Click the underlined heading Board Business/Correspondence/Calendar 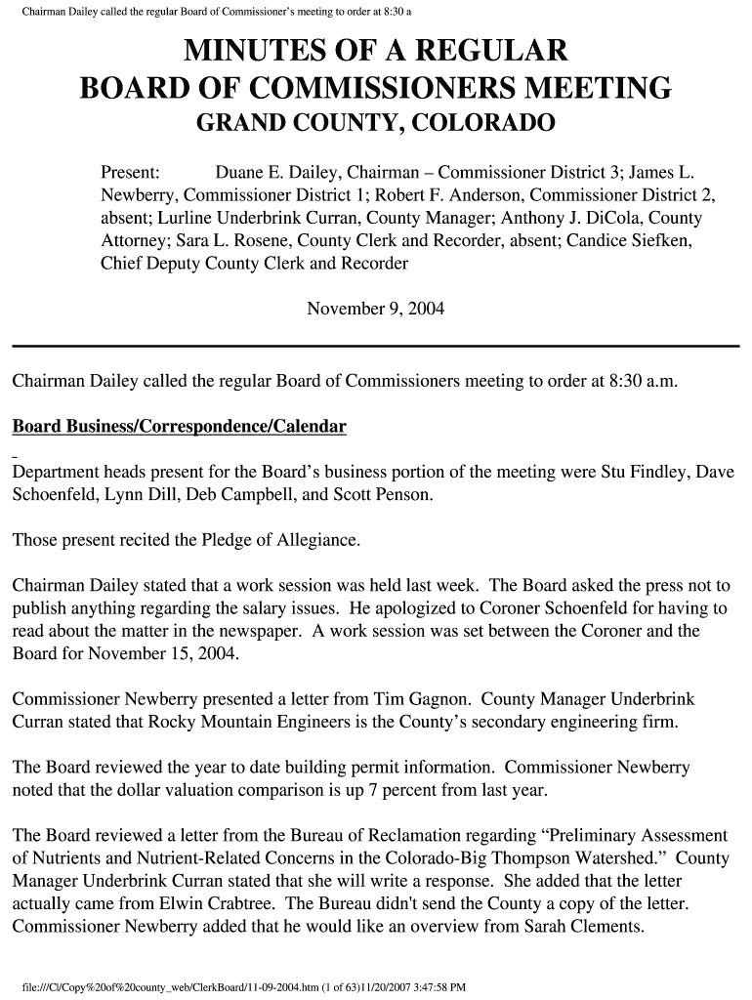tap(179, 427)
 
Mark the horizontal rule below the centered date tap(375, 346)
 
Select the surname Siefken tap(658, 240)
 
